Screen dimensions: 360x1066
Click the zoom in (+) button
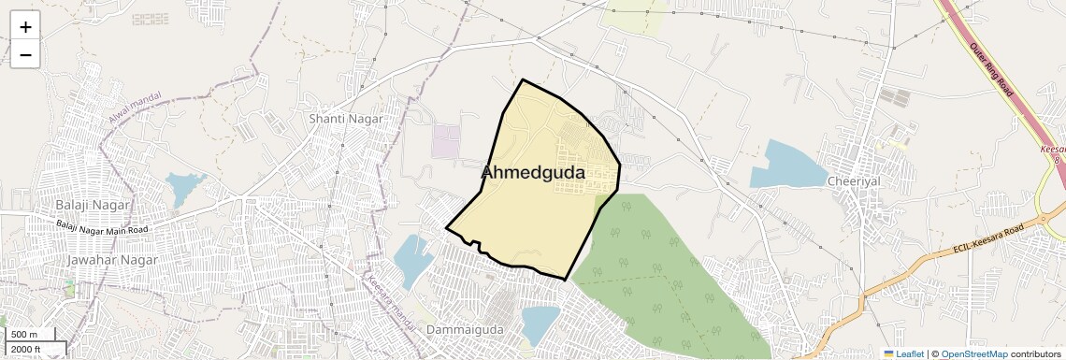tap(25, 27)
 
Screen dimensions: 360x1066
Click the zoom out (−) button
tap(25, 55)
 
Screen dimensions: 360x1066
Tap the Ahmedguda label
tap(533, 173)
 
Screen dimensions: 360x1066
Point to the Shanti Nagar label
tap(340, 119)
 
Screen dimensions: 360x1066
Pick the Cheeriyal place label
tap(854, 180)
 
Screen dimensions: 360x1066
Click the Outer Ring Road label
tap(991, 70)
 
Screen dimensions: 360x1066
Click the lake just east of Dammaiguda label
tap(540, 324)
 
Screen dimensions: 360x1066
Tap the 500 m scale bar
tap(32, 334)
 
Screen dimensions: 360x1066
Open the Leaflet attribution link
tap(903, 353)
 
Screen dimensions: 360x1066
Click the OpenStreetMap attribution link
tap(973, 353)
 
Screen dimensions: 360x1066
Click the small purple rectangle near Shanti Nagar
tap(446, 141)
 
